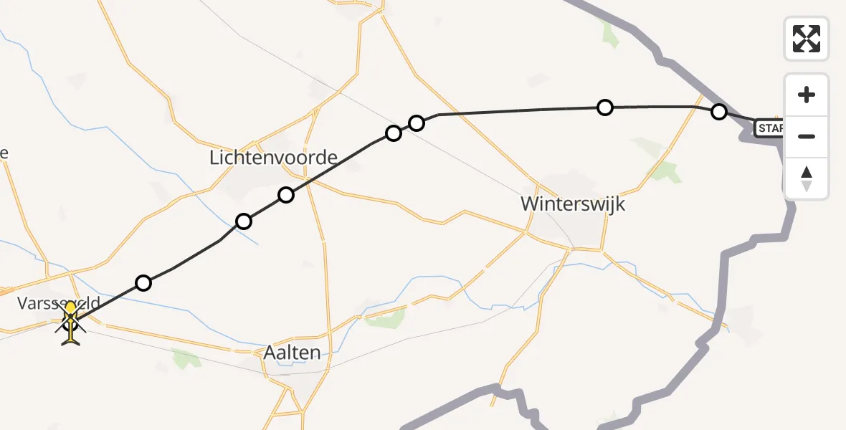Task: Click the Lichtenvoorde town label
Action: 273,158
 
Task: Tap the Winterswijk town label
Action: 573,204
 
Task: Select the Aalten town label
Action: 292,352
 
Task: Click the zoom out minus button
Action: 807,136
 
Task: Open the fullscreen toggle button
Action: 807,39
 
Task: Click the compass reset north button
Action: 807,178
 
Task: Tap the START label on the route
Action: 771,128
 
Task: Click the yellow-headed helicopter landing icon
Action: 70,322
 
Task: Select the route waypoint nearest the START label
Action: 718,112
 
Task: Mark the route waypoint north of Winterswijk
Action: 605,107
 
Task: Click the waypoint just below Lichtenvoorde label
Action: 286,194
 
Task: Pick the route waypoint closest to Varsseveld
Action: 143,283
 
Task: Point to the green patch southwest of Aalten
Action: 185,358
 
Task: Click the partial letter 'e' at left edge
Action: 4,153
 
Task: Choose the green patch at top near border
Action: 610,34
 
